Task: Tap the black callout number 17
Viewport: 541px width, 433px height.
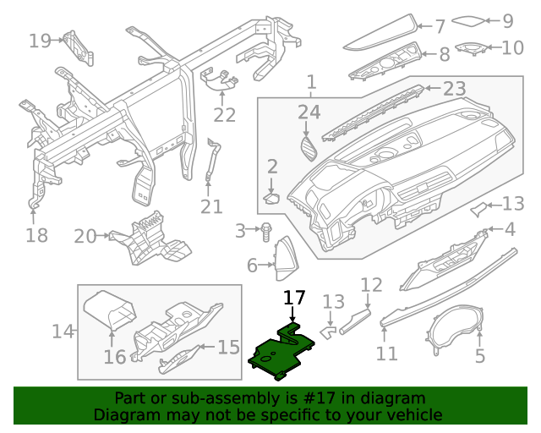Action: coord(293,298)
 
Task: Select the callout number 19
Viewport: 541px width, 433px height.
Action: coord(40,40)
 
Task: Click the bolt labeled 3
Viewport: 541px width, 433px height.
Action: coord(266,229)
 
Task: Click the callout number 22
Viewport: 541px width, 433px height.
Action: coord(224,115)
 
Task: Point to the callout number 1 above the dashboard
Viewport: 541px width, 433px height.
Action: coord(311,83)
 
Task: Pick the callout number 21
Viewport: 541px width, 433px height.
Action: coord(211,206)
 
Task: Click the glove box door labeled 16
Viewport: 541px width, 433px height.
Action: coord(111,313)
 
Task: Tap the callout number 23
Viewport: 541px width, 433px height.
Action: coord(455,89)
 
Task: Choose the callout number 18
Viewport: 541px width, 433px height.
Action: coord(36,234)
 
